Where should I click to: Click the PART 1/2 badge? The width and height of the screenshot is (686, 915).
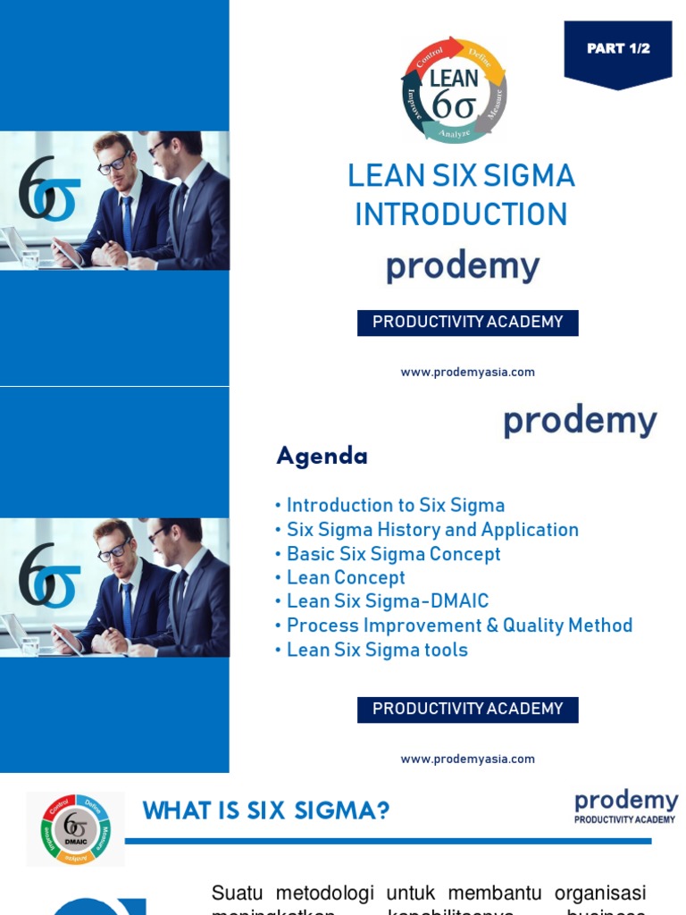[617, 50]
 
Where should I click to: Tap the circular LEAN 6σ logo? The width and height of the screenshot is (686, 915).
[454, 89]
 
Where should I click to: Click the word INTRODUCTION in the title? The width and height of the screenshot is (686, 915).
[461, 214]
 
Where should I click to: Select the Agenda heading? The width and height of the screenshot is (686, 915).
[322, 457]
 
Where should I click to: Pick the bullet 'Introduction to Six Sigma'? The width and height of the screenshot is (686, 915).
[396, 506]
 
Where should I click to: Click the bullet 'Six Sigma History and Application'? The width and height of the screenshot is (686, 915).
[432, 530]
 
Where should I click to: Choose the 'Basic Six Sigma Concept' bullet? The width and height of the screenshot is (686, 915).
[393, 554]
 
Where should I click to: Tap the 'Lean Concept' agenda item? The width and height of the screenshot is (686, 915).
[346, 578]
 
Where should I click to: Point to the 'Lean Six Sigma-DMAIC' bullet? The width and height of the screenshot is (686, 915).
[388, 602]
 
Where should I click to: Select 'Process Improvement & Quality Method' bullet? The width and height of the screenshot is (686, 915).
[459, 625]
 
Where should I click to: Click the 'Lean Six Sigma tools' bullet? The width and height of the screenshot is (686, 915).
[377, 650]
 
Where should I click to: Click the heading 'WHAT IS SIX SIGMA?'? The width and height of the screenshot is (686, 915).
[266, 811]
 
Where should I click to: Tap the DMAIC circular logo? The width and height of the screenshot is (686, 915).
[75, 829]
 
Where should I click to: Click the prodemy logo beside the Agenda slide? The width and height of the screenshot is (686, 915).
[580, 422]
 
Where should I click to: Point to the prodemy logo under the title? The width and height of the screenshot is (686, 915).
[463, 267]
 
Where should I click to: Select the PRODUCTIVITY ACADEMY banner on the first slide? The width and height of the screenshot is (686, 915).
[467, 323]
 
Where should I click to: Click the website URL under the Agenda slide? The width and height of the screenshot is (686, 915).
[467, 760]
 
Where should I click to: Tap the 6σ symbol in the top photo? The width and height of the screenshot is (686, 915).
[49, 189]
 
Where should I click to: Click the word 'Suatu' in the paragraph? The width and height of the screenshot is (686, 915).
[233, 893]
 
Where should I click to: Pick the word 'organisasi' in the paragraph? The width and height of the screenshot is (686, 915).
[600, 893]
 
